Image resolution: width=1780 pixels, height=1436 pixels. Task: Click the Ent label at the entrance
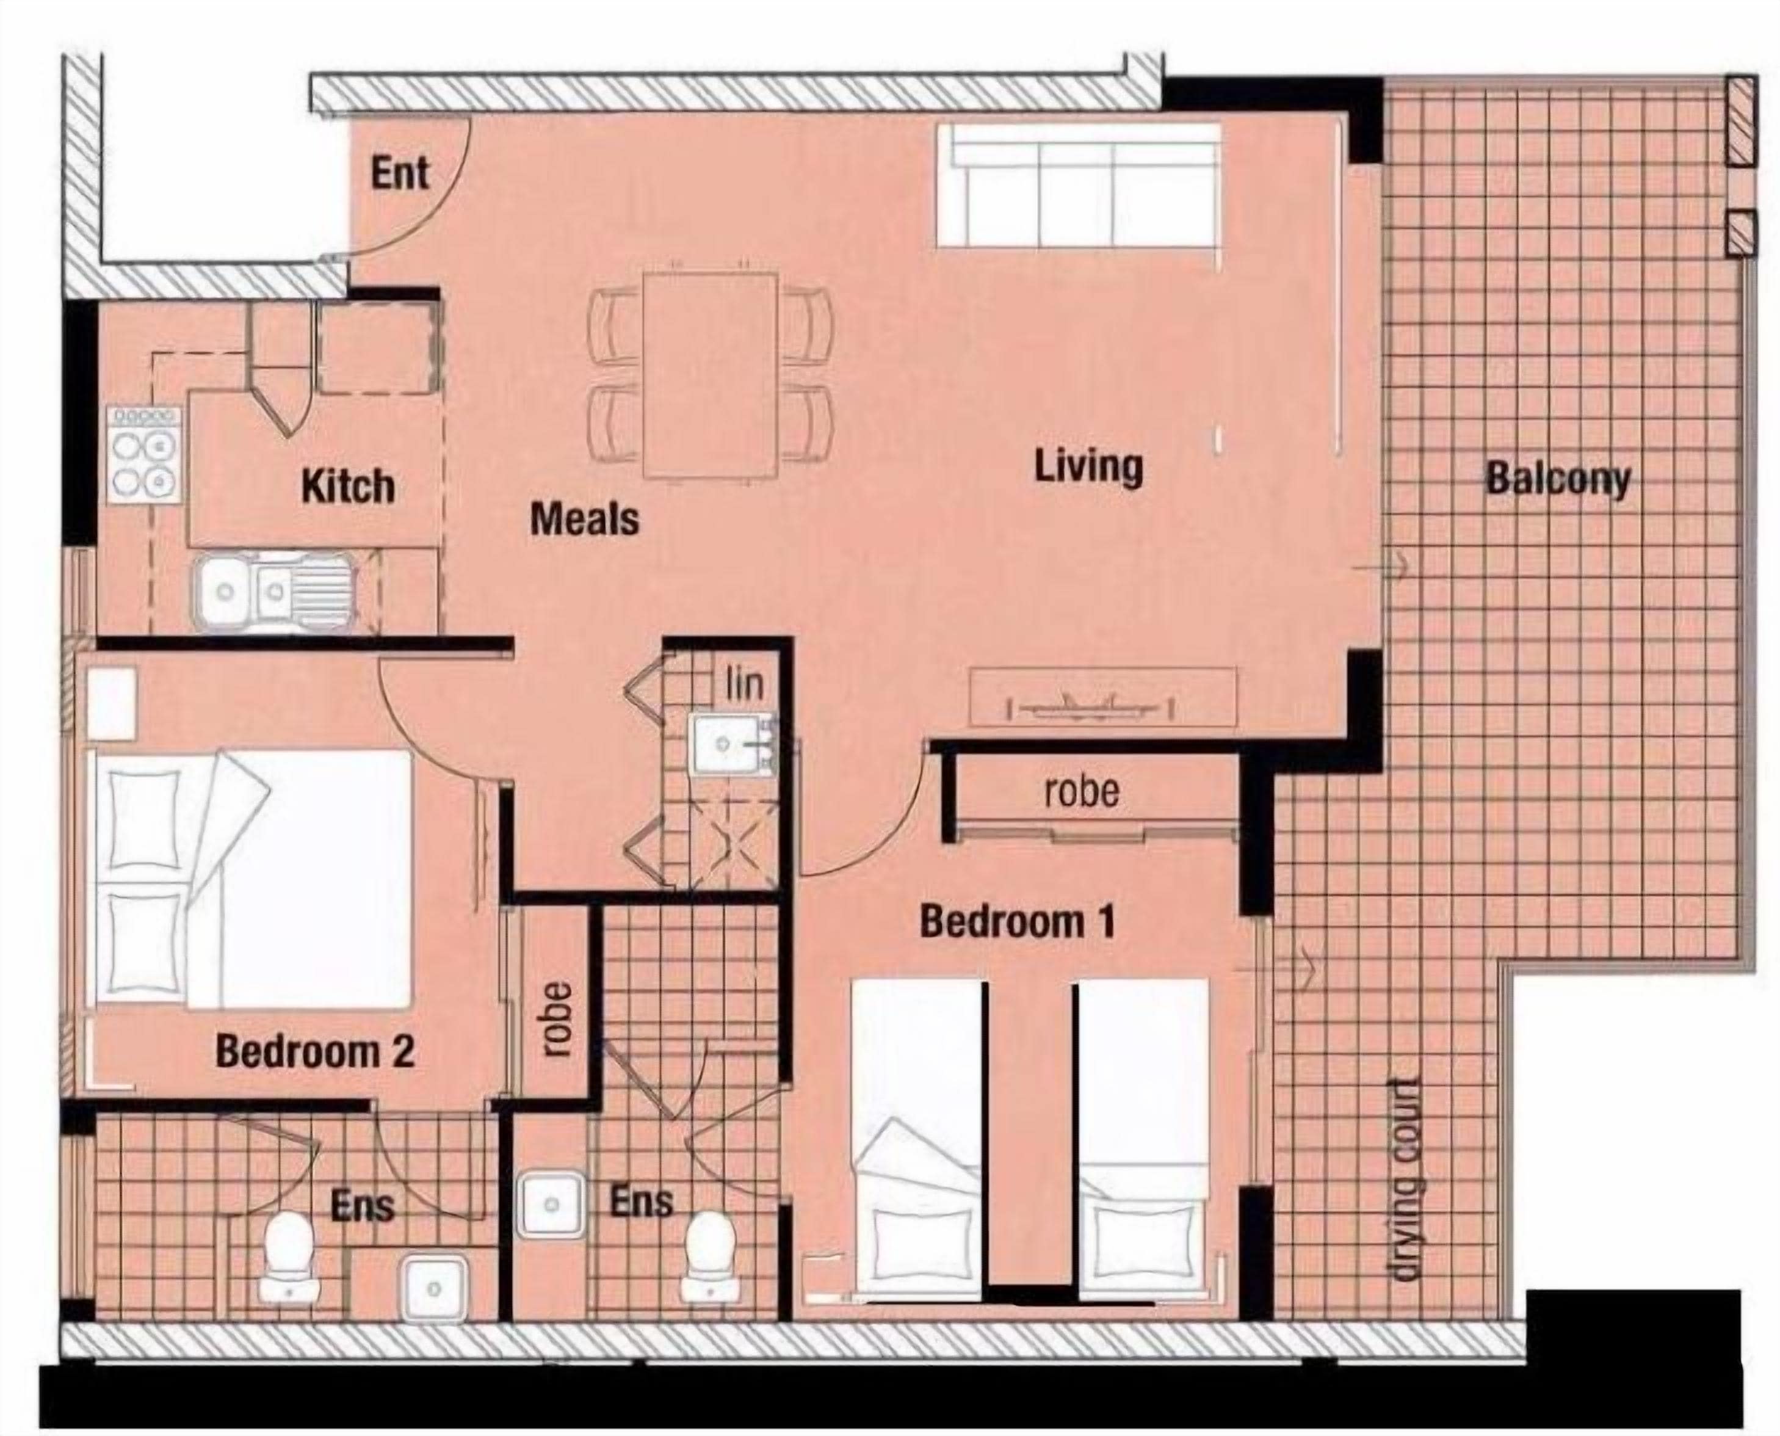point(400,174)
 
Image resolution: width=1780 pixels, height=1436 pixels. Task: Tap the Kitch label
point(347,487)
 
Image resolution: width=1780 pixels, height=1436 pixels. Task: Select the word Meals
point(584,520)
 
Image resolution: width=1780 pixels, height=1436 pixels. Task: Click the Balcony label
point(1558,480)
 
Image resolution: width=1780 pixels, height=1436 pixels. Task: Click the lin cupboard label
point(745,683)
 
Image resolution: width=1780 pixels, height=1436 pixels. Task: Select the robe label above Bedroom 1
point(1082,792)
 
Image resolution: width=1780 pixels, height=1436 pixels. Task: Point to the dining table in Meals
point(711,376)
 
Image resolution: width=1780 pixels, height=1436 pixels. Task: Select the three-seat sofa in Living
point(1079,184)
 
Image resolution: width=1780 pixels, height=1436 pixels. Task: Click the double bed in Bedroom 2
point(252,879)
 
